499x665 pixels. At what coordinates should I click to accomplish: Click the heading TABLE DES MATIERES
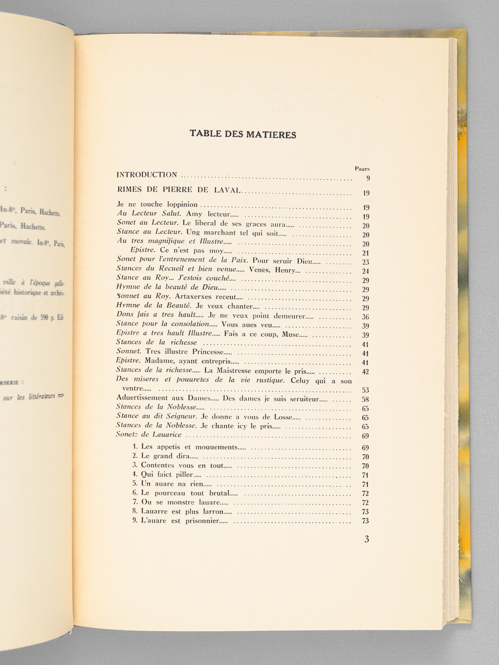243,134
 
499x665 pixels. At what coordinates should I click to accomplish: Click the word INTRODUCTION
147,175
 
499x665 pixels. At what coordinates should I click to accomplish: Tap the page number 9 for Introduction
368,179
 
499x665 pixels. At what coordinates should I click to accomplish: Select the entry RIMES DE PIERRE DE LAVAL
179,190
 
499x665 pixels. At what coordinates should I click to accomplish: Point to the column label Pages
362,169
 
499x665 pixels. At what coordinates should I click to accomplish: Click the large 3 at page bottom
366,539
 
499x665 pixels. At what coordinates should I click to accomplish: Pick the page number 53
366,390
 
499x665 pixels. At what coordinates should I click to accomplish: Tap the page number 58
366,399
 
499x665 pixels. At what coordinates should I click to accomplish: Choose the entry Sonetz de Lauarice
149,435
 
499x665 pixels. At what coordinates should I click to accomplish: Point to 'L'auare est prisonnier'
180,521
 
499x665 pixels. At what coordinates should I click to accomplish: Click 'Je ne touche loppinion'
157,204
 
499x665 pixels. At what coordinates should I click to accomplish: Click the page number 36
366,317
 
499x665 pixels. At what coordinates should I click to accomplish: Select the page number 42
366,372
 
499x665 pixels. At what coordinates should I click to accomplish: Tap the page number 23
366,262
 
